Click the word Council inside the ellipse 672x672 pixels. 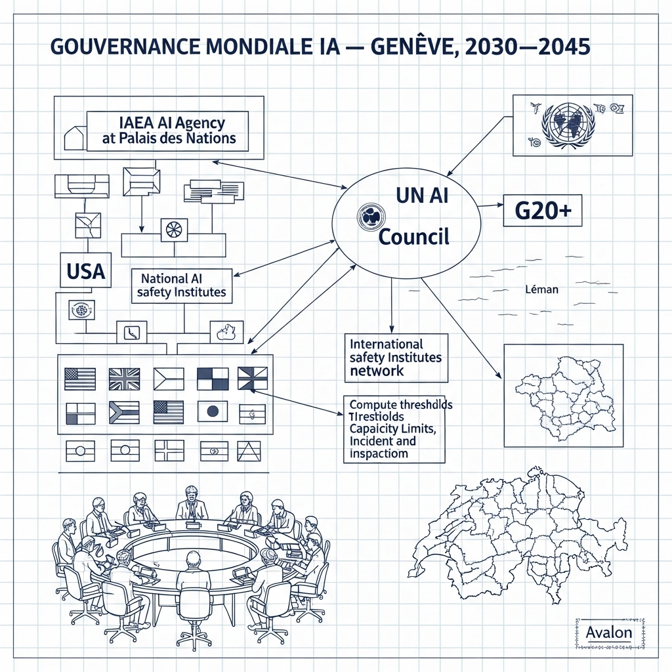415,236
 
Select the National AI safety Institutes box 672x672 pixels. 182,285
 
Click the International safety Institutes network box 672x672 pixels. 396,358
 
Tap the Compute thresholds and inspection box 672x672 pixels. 394,429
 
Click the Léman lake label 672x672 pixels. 541,289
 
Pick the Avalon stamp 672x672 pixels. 608,633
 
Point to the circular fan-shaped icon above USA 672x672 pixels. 174,230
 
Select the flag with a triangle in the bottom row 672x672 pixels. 249,451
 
